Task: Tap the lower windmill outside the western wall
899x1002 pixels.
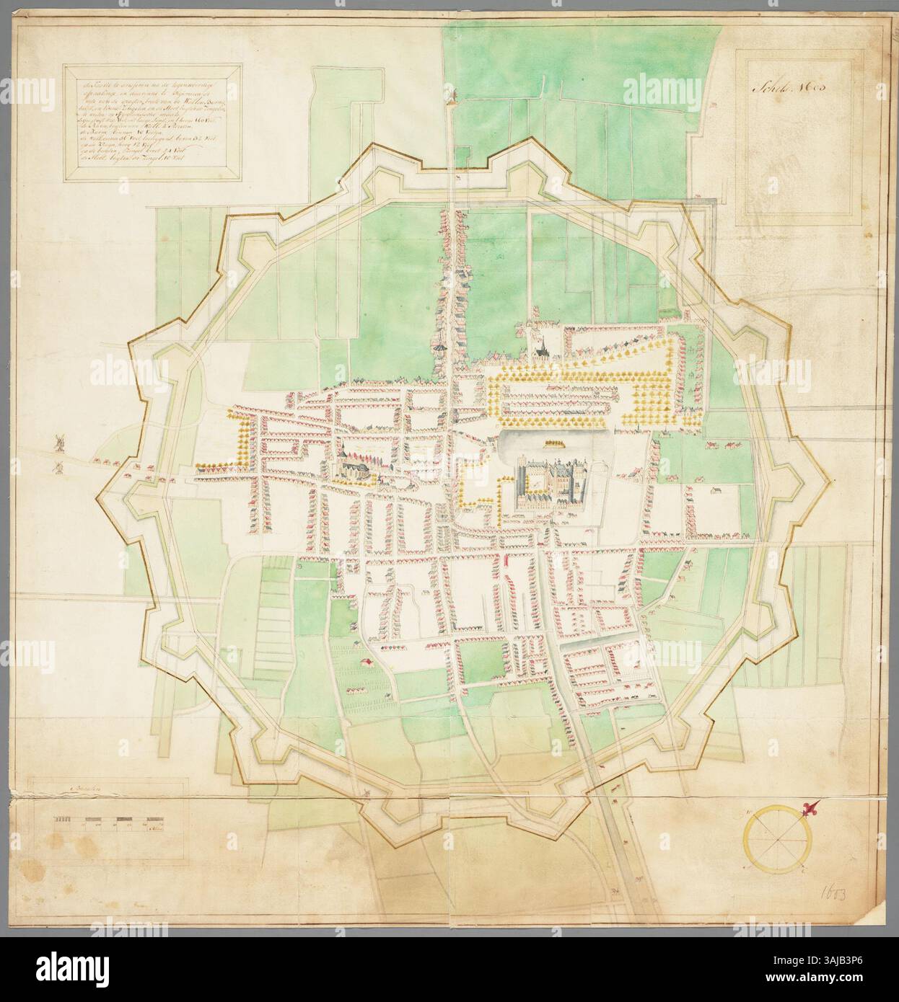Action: [55, 466]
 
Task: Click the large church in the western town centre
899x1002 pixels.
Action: [350, 468]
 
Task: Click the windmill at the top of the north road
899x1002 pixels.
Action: [453, 93]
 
